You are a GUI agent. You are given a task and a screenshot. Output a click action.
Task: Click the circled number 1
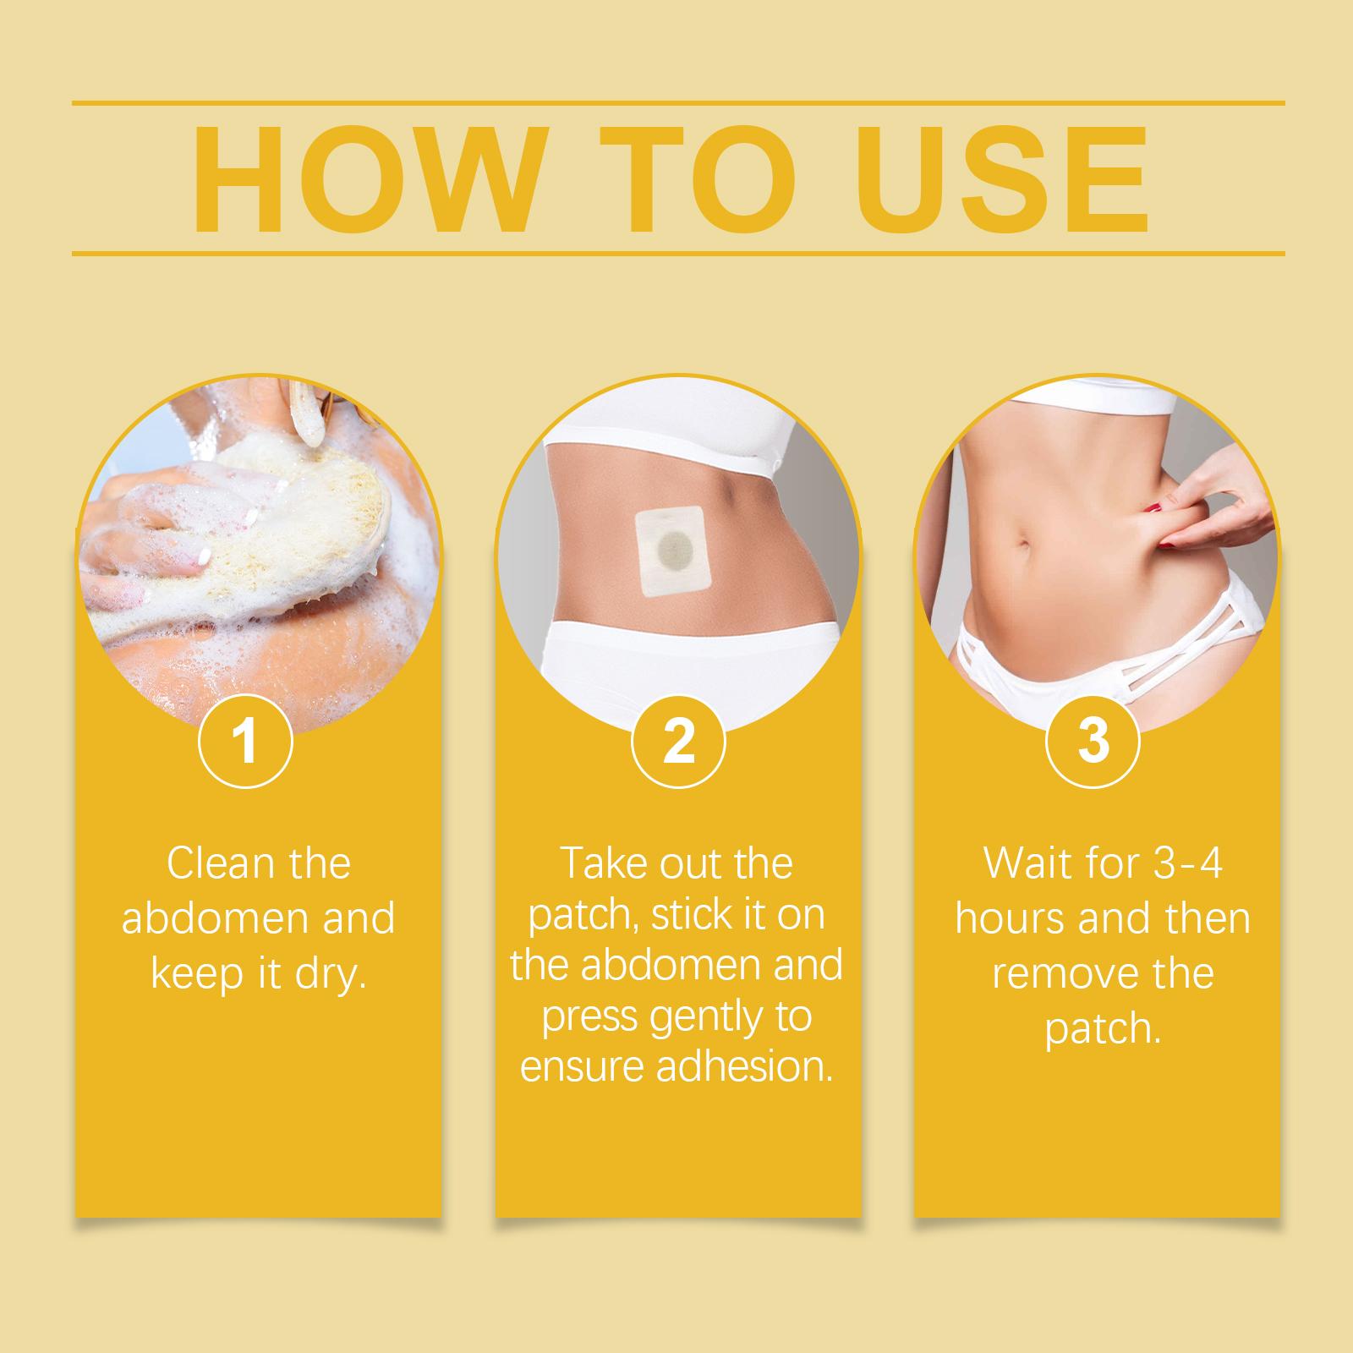[245, 741]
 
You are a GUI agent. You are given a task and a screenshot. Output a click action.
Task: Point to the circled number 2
[678, 741]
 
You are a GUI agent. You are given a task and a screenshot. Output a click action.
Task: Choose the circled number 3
[1093, 741]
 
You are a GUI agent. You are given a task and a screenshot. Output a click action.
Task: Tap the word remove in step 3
[1062, 975]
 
